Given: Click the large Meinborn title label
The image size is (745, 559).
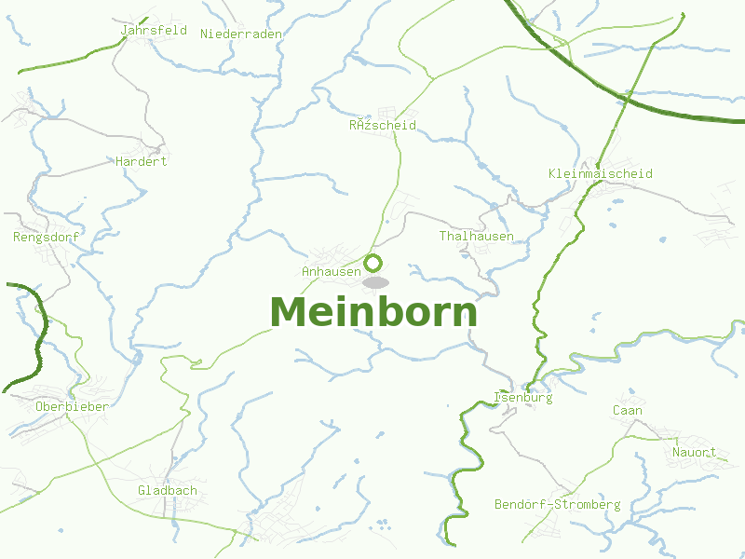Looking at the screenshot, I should (x=373, y=312).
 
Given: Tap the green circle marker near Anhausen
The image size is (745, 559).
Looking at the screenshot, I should (x=373, y=263).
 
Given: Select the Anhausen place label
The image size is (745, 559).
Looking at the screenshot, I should (x=331, y=271).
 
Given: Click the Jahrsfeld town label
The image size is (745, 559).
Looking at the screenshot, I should (x=154, y=30).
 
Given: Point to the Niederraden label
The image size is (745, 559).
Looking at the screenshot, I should (x=240, y=33).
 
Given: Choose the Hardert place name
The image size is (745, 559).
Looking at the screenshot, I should (x=142, y=161).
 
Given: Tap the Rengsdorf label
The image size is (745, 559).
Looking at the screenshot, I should (x=47, y=237).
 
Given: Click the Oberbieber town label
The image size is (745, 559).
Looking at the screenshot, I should (x=72, y=406).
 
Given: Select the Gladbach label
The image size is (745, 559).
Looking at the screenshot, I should (x=168, y=490).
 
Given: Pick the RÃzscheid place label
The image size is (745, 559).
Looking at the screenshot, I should (x=382, y=125).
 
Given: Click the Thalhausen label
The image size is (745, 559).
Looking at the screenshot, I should (x=476, y=236).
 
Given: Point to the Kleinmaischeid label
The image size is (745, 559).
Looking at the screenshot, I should (x=600, y=173).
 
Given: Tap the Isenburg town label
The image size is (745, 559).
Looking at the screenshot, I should (x=523, y=397).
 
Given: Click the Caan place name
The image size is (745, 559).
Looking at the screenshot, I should (x=627, y=410).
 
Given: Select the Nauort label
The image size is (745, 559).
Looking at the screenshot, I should (x=694, y=452).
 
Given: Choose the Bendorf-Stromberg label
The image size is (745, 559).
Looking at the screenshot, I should (x=557, y=504).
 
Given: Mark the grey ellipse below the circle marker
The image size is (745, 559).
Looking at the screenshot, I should (x=375, y=282).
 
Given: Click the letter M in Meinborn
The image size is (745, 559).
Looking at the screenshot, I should (x=290, y=312).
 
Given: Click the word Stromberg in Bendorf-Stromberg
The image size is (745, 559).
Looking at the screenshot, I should (x=586, y=504).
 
